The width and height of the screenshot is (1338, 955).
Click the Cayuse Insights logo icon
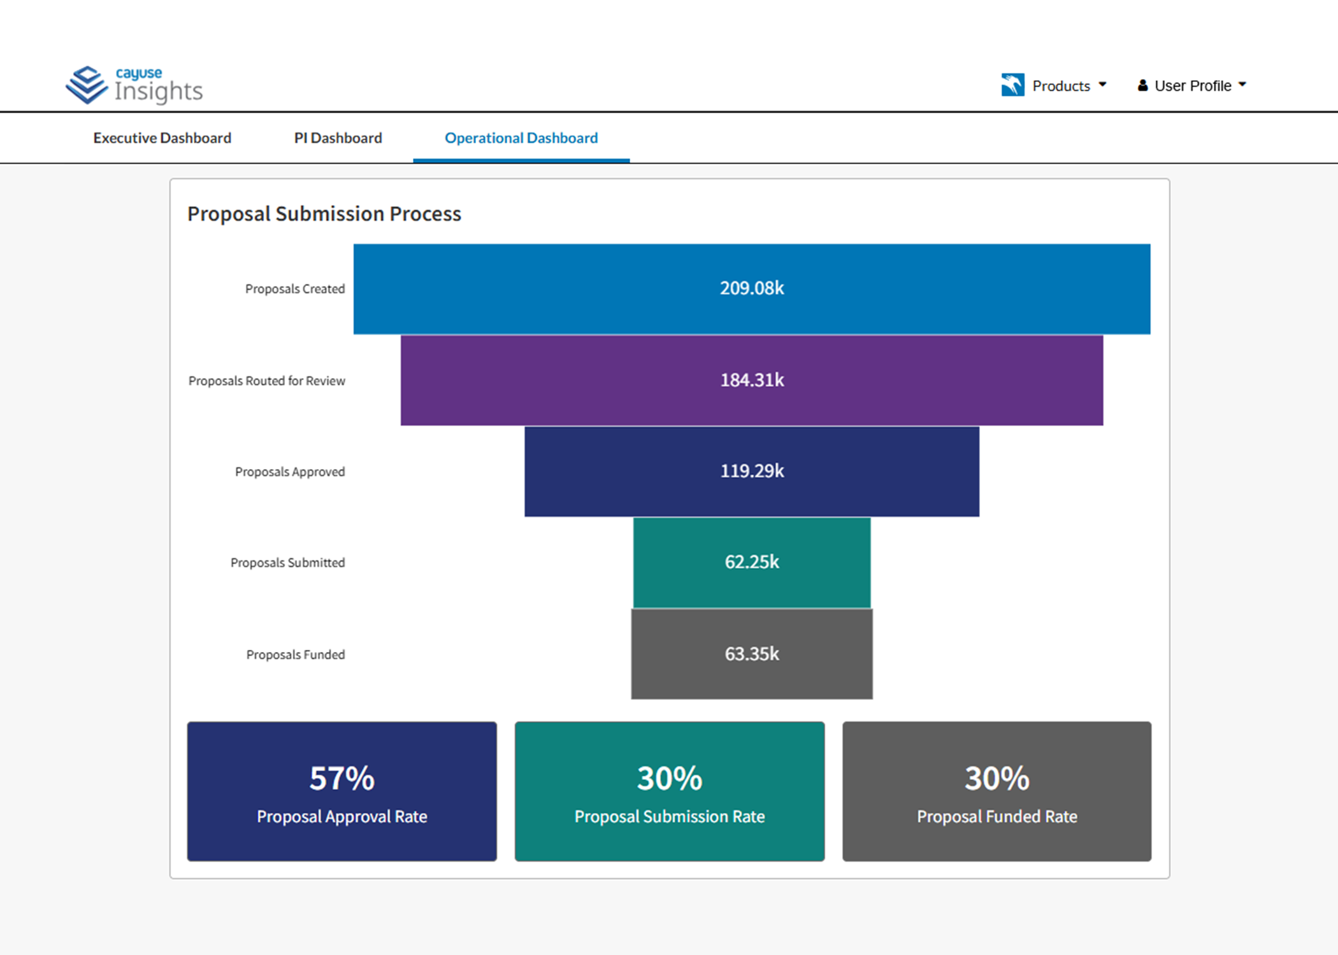[87, 85]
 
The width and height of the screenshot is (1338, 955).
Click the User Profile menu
[1191, 86]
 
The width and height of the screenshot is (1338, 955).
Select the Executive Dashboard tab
[162, 138]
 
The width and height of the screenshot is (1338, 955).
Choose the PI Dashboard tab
[338, 138]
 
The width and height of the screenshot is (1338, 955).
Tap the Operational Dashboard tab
[521, 138]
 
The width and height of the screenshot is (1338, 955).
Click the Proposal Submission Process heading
[324, 214]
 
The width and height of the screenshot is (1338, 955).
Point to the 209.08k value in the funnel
[752, 288]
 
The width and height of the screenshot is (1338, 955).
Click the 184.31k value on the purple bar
[752, 380]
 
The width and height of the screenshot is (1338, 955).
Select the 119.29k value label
[752, 471]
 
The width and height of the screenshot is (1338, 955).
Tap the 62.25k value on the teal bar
[752, 562]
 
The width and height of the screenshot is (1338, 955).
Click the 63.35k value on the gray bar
[752, 654]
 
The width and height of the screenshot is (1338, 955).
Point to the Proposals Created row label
[295, 289]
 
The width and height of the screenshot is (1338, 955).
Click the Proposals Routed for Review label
[266, 381]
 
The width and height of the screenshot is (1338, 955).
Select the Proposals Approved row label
[290, 472]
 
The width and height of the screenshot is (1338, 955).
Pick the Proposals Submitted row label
[287, 563]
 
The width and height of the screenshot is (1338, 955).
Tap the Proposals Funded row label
[296, 654]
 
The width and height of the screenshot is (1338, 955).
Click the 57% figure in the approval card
[342, 778]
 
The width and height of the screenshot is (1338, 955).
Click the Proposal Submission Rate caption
[669, 817]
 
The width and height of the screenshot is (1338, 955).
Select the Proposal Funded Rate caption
[996, 817]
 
